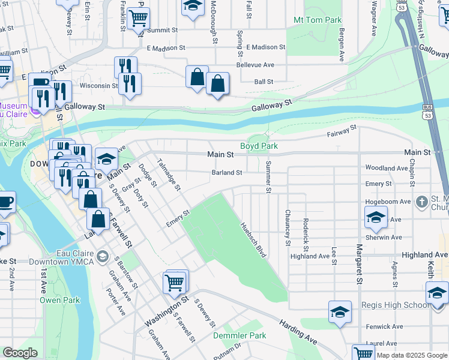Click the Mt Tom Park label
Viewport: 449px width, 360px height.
coord(318,20)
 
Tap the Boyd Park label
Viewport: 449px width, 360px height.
coord(259,146)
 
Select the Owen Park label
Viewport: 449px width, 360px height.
coord(59,299)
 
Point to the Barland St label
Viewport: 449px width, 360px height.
coord(226,173)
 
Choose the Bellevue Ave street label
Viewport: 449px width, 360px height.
coord(255,64)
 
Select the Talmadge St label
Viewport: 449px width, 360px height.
coord(169,175)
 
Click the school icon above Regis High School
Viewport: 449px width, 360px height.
coord(340,312)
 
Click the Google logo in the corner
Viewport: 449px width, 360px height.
coord(20,353)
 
